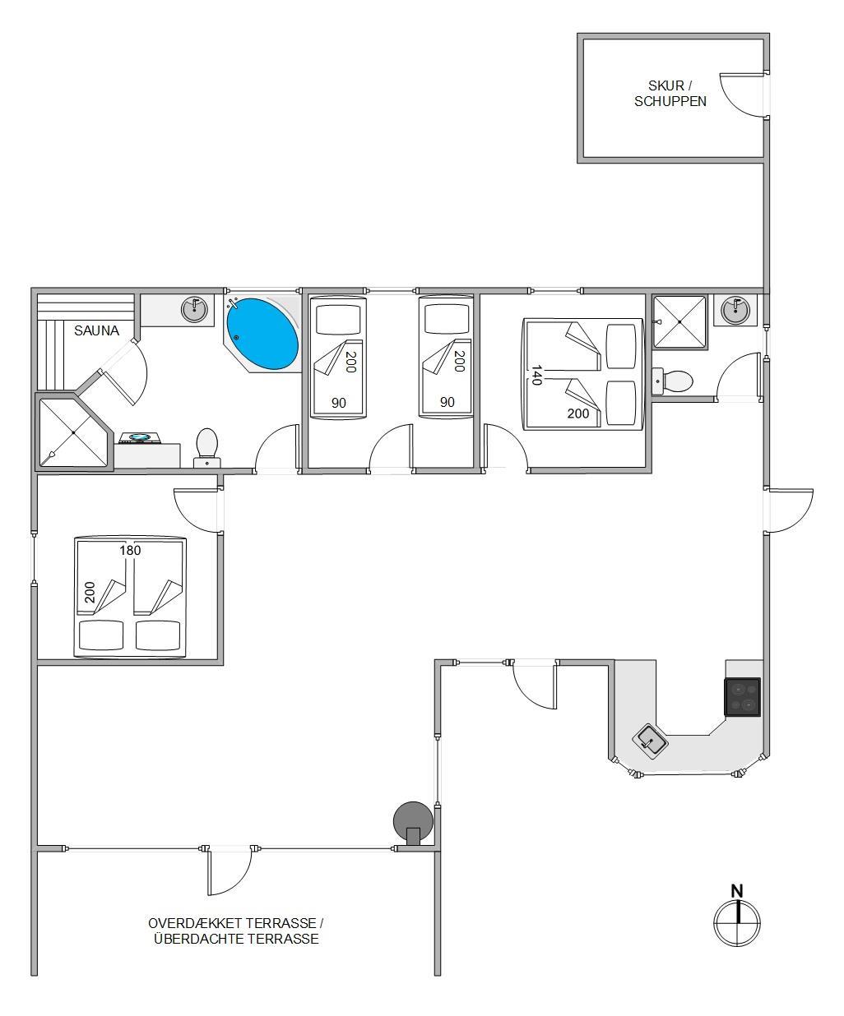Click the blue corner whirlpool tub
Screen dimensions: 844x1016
tap(262, 334)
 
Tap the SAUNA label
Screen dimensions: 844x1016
tap(96, 331)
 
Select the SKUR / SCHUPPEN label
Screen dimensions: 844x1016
tap(670, 94)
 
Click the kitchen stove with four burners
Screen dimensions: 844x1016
tap(742, 697)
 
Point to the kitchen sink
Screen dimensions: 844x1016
tap(650, 742)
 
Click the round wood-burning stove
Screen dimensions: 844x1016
tap(413, 821)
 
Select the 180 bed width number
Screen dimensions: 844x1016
tap(130, 551)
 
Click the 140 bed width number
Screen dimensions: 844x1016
tap(536, 375)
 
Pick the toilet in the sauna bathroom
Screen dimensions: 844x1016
tap(207, 448)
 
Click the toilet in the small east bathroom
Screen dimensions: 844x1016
tap(672, 381)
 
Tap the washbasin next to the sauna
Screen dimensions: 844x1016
tap(194, 309)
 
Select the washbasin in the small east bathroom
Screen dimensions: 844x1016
tap(735, 310)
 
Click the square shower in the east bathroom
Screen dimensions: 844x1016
tap(679, 322)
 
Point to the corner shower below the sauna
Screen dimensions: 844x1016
tap(73, 432)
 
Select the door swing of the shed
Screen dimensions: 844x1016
tap(743, 95)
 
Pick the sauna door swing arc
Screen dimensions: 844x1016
tap(139, 372)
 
